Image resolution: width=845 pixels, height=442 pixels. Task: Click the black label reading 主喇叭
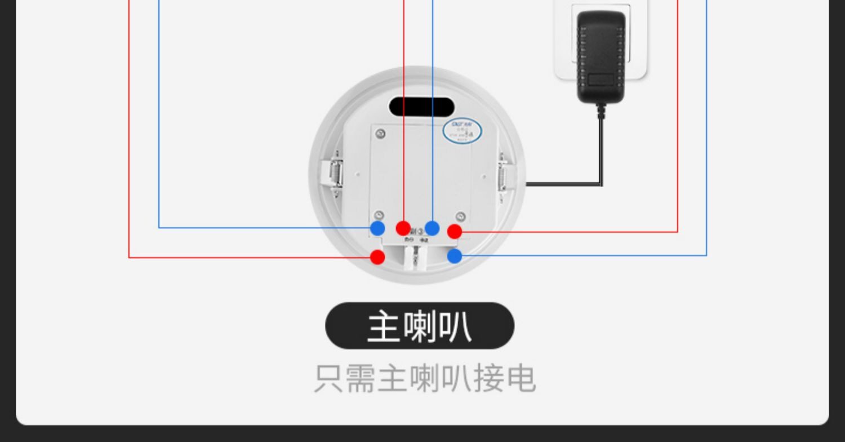(420, 326)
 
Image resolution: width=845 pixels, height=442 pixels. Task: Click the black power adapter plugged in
(601, 56)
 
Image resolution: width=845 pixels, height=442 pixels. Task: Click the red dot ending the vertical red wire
(403, 228)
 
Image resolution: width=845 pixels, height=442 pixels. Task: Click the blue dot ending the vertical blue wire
(432, 228)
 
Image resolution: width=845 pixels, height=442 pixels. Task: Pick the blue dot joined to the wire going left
(377, 228)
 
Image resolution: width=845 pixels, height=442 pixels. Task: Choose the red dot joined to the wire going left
(377, 258)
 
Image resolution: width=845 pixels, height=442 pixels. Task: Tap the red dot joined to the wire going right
(455, 231)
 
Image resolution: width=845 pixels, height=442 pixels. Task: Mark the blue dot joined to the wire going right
(455, 257)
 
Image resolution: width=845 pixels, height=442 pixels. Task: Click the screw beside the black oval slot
(381, 134)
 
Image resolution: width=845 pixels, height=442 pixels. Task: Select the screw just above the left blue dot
(379, 215)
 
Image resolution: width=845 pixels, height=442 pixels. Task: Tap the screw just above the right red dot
(460, 216)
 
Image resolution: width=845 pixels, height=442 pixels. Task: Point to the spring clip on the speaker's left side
(335, 173)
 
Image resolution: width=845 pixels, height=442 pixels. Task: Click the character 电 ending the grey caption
(521, 378)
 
